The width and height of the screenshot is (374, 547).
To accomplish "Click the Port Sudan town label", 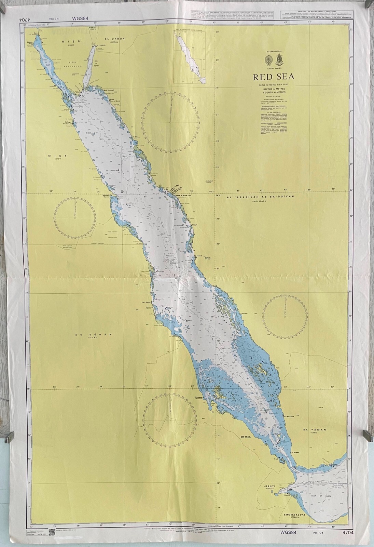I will point(148,302).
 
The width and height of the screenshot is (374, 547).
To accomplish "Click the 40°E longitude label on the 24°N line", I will point(211,191).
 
